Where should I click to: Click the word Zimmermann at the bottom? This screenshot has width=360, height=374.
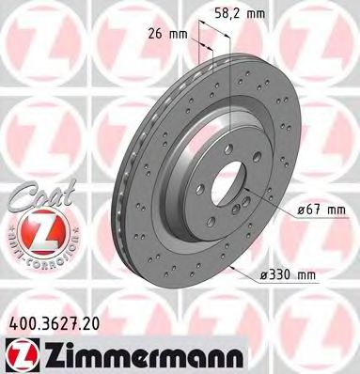116,355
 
